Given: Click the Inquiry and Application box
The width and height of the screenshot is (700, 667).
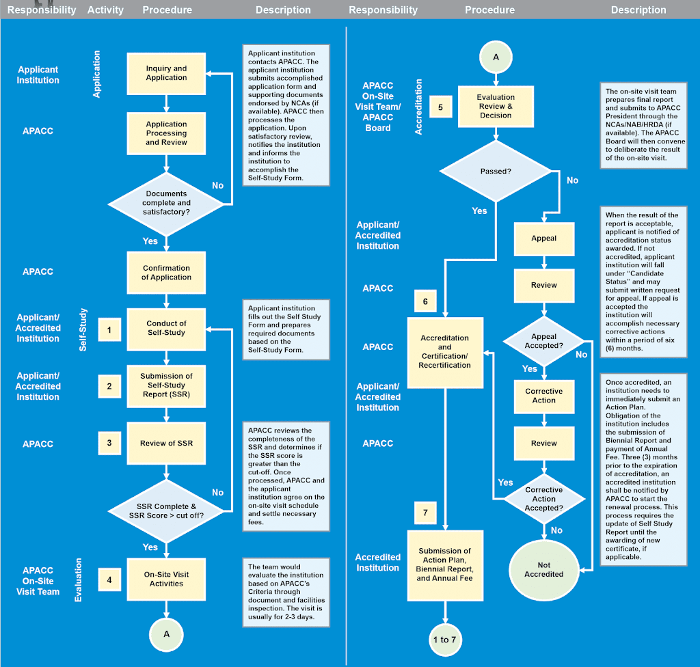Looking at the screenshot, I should click(166, 73).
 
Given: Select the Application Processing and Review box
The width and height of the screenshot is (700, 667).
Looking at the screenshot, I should click(166, 133).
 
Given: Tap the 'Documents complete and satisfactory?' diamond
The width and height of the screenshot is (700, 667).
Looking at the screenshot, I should click(166, 203).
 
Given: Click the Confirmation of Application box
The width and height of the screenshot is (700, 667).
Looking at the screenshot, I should click(166, 273).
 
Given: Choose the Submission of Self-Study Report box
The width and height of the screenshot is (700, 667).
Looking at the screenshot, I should click(166, 385).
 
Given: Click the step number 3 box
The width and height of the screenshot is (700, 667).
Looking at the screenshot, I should click(109, 443).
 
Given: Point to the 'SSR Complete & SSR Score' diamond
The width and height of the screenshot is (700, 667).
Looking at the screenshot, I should click(166, 510).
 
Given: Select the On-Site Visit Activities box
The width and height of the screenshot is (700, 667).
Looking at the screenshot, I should click(166, 579).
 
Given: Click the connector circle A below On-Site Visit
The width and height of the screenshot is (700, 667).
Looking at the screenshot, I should click(166, 634).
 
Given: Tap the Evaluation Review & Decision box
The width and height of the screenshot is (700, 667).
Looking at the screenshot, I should click(496, 107).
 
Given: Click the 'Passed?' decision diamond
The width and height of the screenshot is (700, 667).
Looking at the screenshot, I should click(496, 171).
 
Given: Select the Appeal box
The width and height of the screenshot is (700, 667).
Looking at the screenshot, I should click(543, 239).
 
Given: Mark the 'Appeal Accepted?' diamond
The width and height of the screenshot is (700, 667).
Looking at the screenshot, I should click(543, 341).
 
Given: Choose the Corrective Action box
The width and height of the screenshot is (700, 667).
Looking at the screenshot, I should click(543, 396).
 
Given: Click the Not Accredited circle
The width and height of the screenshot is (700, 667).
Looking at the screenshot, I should click(543, 569).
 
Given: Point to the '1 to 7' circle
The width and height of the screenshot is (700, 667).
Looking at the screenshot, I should click(444, 640).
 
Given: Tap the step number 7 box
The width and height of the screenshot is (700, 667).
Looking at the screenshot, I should click(425, 512).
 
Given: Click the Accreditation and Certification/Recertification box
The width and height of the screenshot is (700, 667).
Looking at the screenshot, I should click(445, 352).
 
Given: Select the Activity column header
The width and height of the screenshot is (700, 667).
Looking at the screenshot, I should click(105, 10).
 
